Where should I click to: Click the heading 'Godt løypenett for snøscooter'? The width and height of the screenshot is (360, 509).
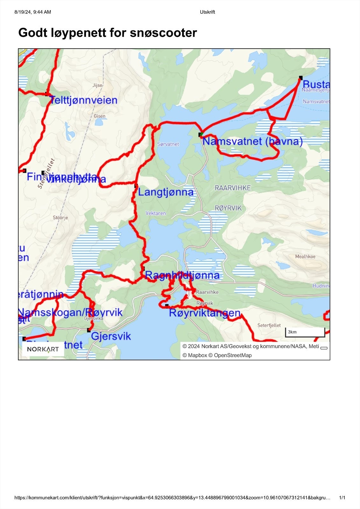pos(108,33)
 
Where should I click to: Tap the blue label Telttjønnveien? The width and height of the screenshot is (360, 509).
pos(83,100)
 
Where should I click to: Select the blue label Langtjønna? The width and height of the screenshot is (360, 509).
pos(166,192)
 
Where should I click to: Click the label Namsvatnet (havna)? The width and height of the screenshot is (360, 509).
pos(252,141)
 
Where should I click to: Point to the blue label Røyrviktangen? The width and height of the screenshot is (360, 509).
pos(204,313)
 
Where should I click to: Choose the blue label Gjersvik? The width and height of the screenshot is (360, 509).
pos(111,336)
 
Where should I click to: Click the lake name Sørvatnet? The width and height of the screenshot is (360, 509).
pos(168,144)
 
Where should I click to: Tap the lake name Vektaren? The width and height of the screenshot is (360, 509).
pos(156,213)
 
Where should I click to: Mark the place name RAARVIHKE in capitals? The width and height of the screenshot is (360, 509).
pos(233,188)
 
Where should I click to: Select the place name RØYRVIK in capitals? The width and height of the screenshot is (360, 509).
pos(228,208)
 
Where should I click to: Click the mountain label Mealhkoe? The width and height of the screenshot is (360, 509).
pos(305,256)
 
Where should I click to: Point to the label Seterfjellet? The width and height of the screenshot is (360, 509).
pos(269,325)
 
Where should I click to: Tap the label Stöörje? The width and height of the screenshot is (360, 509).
pos(60,218)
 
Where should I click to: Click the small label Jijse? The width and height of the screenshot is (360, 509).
pos(97,85)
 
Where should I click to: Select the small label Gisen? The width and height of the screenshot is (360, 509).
pos(99,116)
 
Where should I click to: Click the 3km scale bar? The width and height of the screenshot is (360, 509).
pos(305,332)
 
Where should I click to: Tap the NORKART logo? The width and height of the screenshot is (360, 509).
pos(43,349)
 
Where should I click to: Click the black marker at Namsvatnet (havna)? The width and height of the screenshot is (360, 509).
pos(201,135)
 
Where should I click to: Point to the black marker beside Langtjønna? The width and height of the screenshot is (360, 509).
pos(136,186)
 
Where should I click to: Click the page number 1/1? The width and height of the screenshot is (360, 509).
pos(342,498)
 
